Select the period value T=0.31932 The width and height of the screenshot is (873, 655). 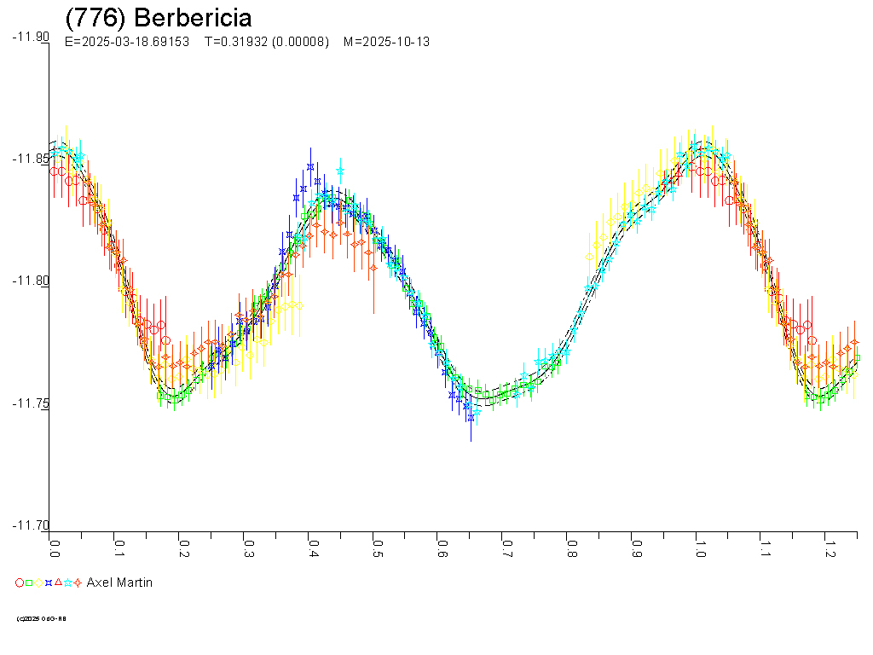(x=234, y=42)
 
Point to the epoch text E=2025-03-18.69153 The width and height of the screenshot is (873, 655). (x=127, y=42)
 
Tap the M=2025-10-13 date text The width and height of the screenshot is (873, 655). (x=385, y=42)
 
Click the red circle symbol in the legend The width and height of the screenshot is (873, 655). (x=20, y=583)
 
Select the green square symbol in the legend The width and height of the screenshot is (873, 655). (x=29, y=583)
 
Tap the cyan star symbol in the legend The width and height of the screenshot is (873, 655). (x=67, y=583)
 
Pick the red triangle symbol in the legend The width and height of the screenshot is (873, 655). (x=58, y=583)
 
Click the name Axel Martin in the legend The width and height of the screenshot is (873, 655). (x=119, y=583)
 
